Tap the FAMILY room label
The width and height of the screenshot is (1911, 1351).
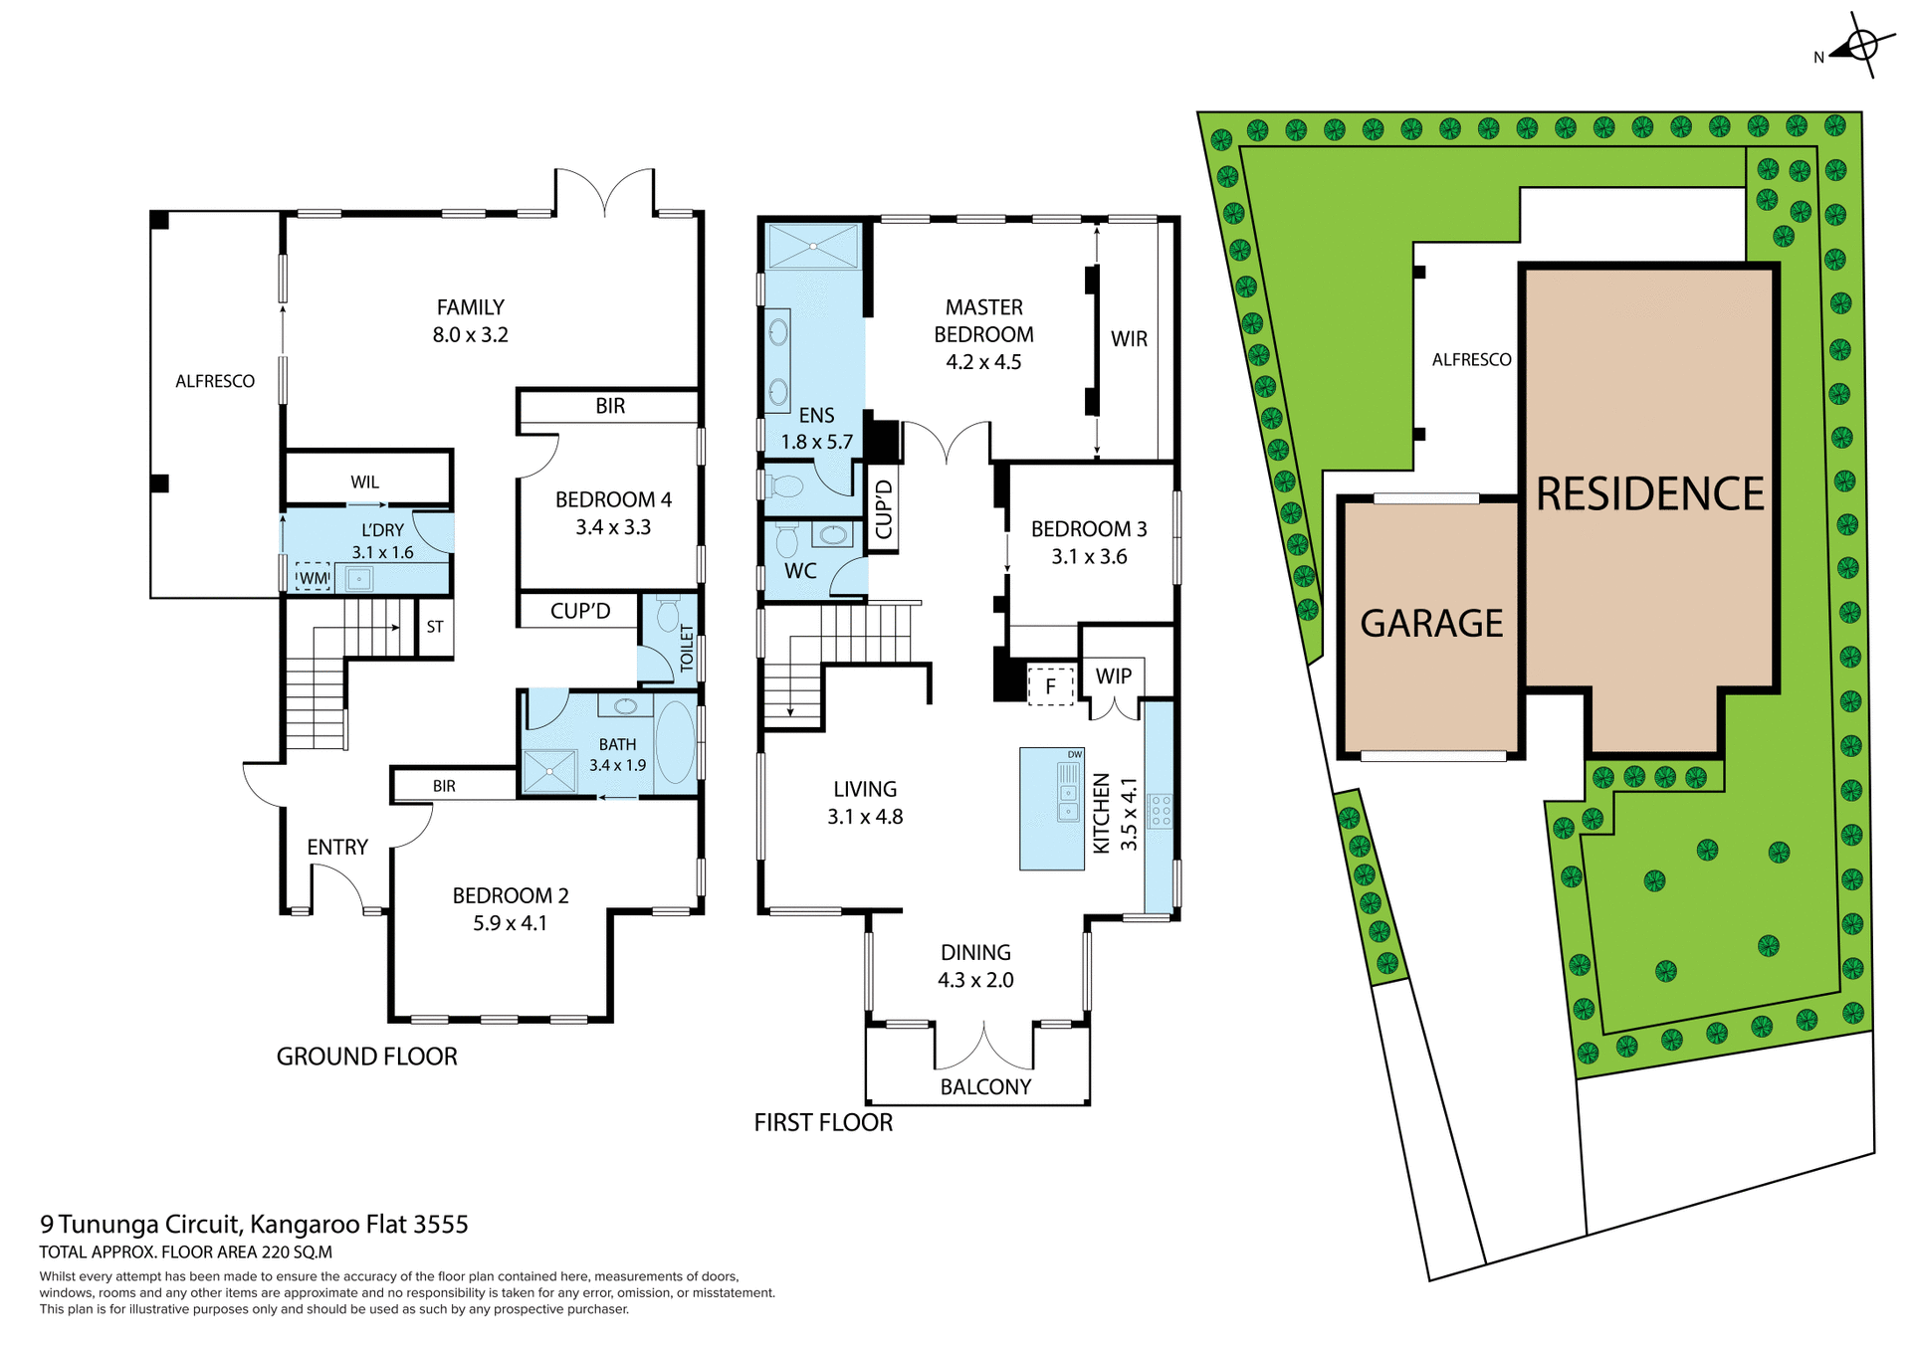(470, 307)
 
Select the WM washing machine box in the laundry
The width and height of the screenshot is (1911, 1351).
(313, 577)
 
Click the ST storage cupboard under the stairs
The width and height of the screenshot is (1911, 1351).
(435, 627)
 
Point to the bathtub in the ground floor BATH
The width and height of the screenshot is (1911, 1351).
(676, 744)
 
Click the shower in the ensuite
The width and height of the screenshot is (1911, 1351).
(813, 246)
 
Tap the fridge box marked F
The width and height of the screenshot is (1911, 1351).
(1050, 686)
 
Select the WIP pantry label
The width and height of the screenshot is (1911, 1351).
(1114, 676)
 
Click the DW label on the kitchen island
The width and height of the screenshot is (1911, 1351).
(1074, 754)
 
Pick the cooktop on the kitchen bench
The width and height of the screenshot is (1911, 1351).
(1160, 811)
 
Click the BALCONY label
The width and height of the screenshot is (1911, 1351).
(985, 1086)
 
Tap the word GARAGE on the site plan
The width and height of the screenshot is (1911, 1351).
(1431, 624)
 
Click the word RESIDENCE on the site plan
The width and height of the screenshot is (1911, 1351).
(1649, 494)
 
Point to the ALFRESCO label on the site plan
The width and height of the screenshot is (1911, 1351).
(1471, 360)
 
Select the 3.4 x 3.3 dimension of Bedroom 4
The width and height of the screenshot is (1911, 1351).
(613, 527)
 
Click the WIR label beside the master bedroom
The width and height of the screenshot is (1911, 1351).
(1129, 339)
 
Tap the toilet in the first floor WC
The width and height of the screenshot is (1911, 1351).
(786, 540)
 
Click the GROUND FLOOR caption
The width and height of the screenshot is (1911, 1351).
(366, 1057)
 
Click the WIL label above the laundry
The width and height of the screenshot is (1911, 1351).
(364, 482)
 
